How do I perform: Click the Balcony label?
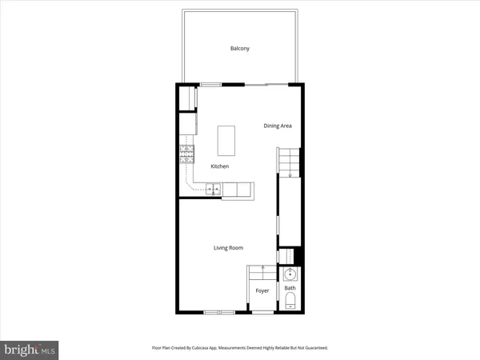(240, 49)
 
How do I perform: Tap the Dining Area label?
(278, 126)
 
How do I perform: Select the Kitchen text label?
(220, 166)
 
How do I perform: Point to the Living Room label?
(228, 248)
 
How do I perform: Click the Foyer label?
(262, 291)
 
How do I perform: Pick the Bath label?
(290, 288)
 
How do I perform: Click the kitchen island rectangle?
(228, 140)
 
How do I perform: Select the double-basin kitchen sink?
(214, 190)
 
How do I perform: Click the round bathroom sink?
(290, 274)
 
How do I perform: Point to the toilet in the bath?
(290, 302)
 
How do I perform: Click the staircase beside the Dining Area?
(287, 163)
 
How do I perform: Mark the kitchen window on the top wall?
(211, 84)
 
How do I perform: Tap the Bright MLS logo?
(30, 349)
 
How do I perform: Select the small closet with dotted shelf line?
(286, 255)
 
